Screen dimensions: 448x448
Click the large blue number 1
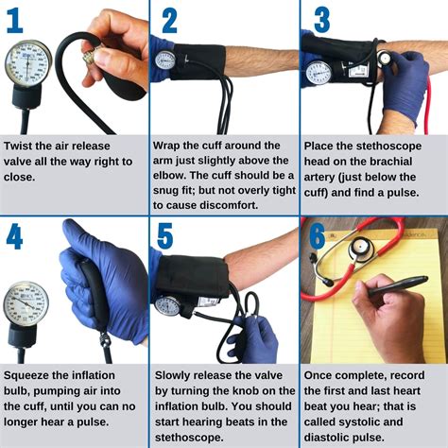(x=14, y=21)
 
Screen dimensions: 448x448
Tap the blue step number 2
(x=169, y=21)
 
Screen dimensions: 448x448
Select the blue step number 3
(x=321, y=21)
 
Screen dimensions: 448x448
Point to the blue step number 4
(x=14, y=235)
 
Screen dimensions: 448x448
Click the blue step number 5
(x=168, y=236)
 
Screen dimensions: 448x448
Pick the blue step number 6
(x=317, y=235)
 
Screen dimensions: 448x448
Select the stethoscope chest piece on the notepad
(x=360, y=247)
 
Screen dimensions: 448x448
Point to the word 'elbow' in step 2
(x=176, y=176)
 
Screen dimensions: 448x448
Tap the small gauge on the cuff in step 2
(x=166, y=60)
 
